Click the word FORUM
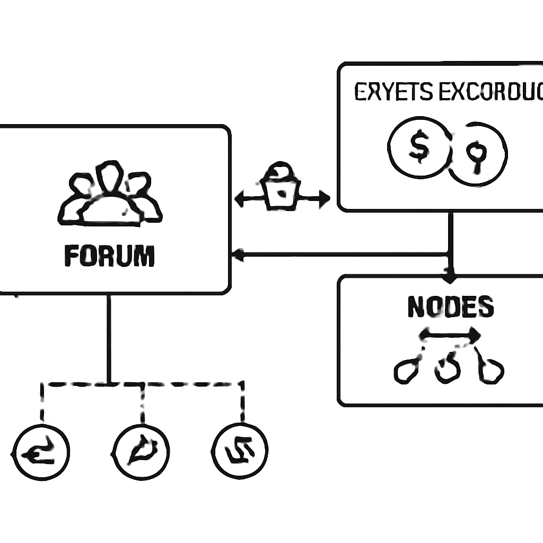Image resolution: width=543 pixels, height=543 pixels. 109,256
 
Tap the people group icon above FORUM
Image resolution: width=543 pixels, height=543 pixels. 110,194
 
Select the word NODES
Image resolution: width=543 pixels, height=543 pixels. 451,306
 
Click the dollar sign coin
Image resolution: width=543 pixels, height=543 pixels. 419,147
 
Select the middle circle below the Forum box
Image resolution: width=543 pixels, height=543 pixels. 142,452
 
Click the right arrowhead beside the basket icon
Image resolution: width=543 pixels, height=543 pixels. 323,199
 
